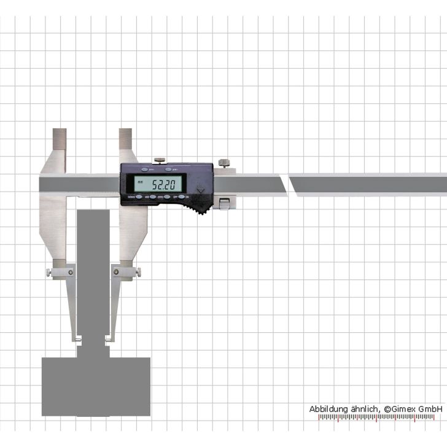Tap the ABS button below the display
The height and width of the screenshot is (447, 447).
point(146,197)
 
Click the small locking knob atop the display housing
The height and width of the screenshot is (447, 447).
point(159,160)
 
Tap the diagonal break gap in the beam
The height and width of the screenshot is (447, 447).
point(288,184)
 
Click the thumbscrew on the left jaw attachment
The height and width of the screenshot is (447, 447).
point(48,273)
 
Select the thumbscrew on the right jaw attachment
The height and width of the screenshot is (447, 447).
point(139,271)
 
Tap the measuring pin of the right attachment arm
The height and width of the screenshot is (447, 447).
point(109,338)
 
